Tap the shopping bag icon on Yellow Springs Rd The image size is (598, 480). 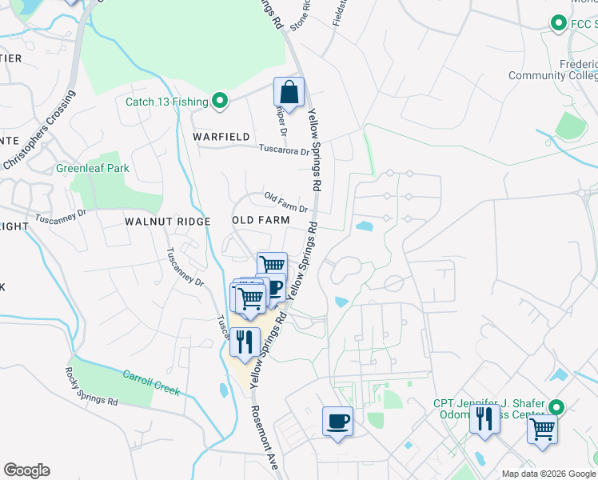click(x=289, y=92)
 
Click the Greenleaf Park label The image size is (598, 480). click(x=93, y=169)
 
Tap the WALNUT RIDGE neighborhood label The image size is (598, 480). click(x=167, y=221)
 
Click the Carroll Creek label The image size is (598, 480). click(x=150, y=382)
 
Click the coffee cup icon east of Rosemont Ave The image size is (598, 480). click(x=337, y=421)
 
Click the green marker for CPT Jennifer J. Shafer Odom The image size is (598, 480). click(x=558, y=407)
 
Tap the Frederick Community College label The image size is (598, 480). click(x=553, y=70)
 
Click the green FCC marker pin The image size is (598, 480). click(x=558, y=25)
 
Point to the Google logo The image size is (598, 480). click(x=26, y=470)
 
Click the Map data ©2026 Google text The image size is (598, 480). click(x=548, y=474)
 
